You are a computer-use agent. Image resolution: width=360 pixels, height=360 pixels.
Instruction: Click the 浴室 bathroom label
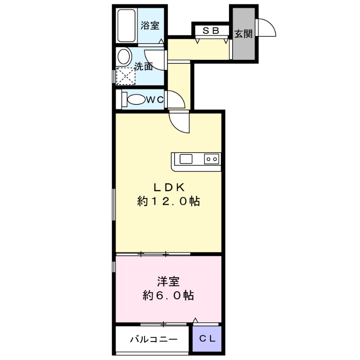(x=150, y=25)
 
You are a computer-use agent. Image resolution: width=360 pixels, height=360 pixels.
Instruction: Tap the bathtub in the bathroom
(x=126, y=26)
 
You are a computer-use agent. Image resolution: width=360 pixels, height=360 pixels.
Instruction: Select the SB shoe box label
(x=210, y=31)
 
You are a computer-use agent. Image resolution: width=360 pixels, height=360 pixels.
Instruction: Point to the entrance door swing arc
(x=267, y=27)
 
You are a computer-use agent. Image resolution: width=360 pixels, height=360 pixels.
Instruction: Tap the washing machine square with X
(x=125, y=75)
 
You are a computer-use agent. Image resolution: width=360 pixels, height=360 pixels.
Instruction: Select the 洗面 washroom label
(x=144, y=67)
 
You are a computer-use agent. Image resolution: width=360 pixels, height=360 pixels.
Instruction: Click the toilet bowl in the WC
(x=135, y=99)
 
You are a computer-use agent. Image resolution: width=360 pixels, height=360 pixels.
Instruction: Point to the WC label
(x=153, y=99)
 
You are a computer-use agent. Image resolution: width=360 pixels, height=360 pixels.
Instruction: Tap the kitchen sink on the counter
(x=186, y=159)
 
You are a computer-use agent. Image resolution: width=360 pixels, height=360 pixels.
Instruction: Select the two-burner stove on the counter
(x=211, y=159)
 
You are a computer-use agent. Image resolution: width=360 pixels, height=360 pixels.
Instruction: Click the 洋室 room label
(x=168, y=282)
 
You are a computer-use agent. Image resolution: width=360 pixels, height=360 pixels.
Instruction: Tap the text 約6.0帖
(x=168, y=296)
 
